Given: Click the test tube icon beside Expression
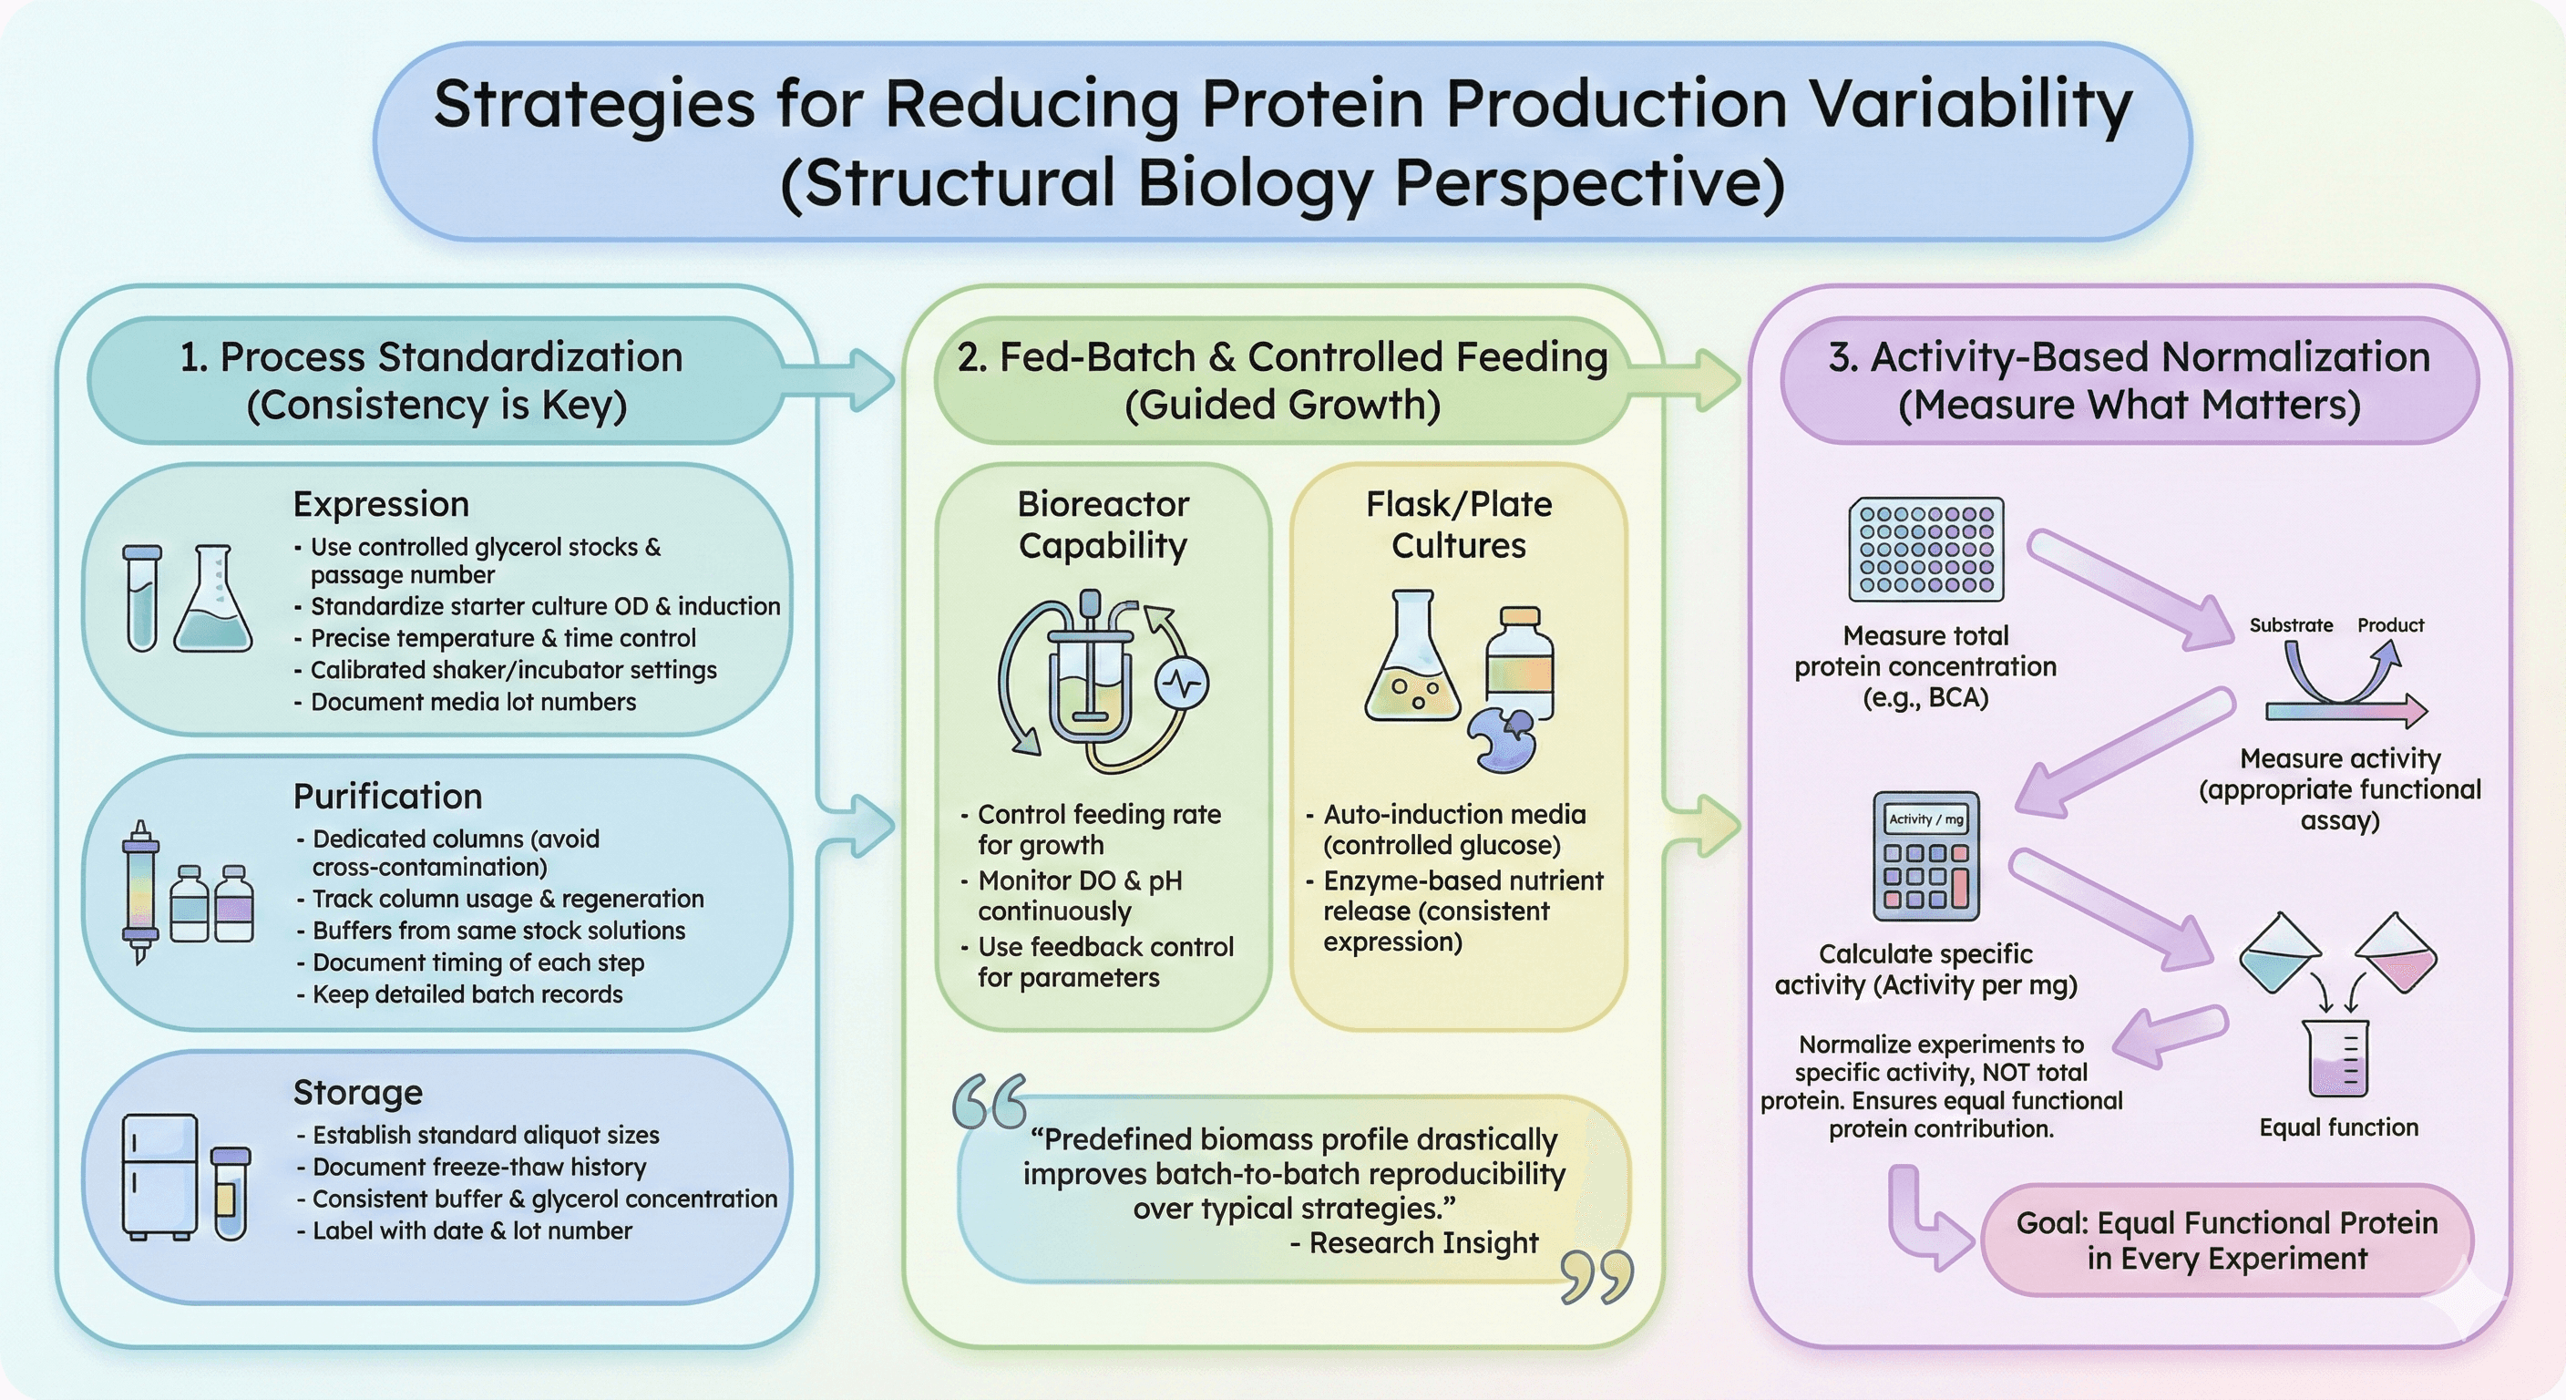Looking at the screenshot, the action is click(x=142, y=598).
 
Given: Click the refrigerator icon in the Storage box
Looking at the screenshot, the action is click(x=159, y=1176).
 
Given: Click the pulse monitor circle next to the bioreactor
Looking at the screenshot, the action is click(x=1181, y=685).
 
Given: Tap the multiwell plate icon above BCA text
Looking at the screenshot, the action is click(x=1925, y=550).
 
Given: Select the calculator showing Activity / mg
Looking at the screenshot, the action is click(x=1925, y=856).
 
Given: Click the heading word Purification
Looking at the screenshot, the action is click(x=387, y=796).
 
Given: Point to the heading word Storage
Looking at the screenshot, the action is click(x=357, y=1092).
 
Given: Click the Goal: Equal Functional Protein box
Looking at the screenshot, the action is click(x=2226, y=1240).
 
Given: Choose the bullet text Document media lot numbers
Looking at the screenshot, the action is click(x=473, y=702).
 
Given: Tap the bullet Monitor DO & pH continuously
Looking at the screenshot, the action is click(x=1079, y=896).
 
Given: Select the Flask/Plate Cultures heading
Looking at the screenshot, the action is click(x=1458, y=524).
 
